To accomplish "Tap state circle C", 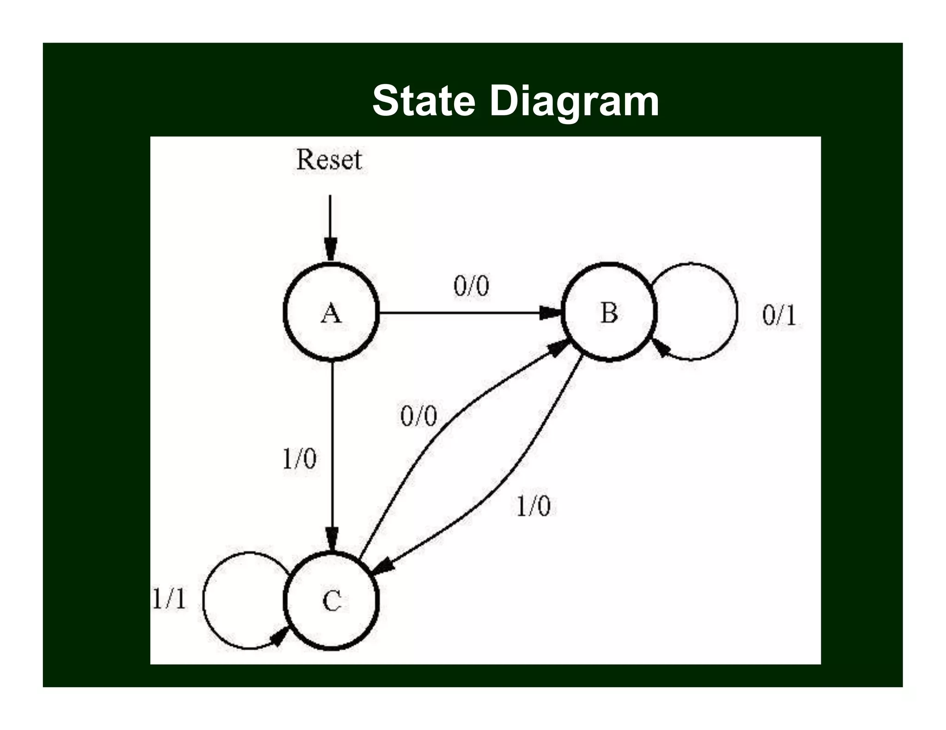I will click(x=331, y=601).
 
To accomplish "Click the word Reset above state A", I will click(x=329, y=160).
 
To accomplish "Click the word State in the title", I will click(x=424, y=101).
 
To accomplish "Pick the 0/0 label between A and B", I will click(x=471, y=286).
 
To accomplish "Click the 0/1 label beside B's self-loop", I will click(x=779, y=316).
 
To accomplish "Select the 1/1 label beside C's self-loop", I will click(x=169, y=598).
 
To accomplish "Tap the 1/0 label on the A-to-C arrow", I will click(x=299, y=459).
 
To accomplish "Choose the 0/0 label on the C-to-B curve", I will click(x=418, y=416).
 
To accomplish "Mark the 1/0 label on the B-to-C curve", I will click(x=533, y=506).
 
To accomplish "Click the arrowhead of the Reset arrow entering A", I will click(x=330, y=250).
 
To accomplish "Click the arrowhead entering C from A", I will click(x=332, y=539).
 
